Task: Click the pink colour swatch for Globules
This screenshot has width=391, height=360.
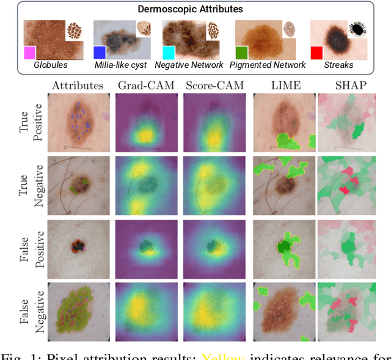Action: pyautogui.click(x=29, y=53)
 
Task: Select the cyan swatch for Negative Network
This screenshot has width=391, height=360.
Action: pyautogui.click(x=169, y=53)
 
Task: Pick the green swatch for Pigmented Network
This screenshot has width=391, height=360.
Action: pyautogui.click(x=241, y=53)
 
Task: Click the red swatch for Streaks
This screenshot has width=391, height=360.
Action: pyautogui.click(x=316, y=53)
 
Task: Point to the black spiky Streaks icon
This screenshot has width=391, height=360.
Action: pyautogui.click(x=358, y=29)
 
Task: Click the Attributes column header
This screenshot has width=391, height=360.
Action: pyautogui.click(x=78, y=85)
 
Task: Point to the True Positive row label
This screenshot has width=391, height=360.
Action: pyautogui.click(x=31, y=123)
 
